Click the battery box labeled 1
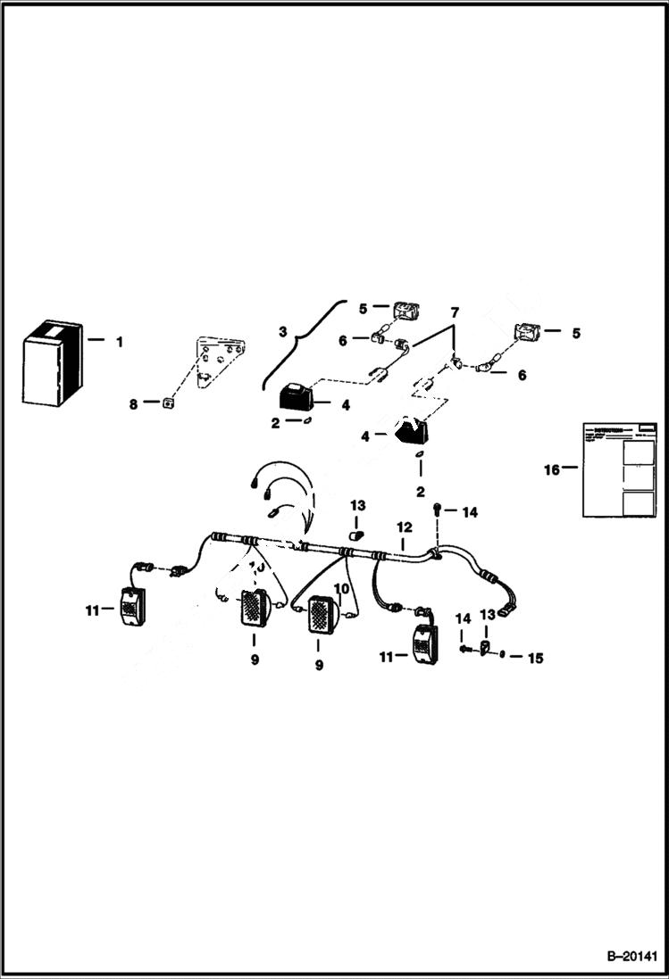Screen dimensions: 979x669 point(54,364)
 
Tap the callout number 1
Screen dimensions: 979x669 point(120,341)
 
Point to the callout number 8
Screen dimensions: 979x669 point(134,403)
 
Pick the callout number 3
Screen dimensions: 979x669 point(282,332)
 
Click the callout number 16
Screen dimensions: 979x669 point(553,469)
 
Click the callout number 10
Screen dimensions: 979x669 point(340,589)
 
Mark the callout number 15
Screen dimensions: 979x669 point(534,659)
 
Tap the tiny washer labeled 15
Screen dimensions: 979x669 point(504,655)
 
